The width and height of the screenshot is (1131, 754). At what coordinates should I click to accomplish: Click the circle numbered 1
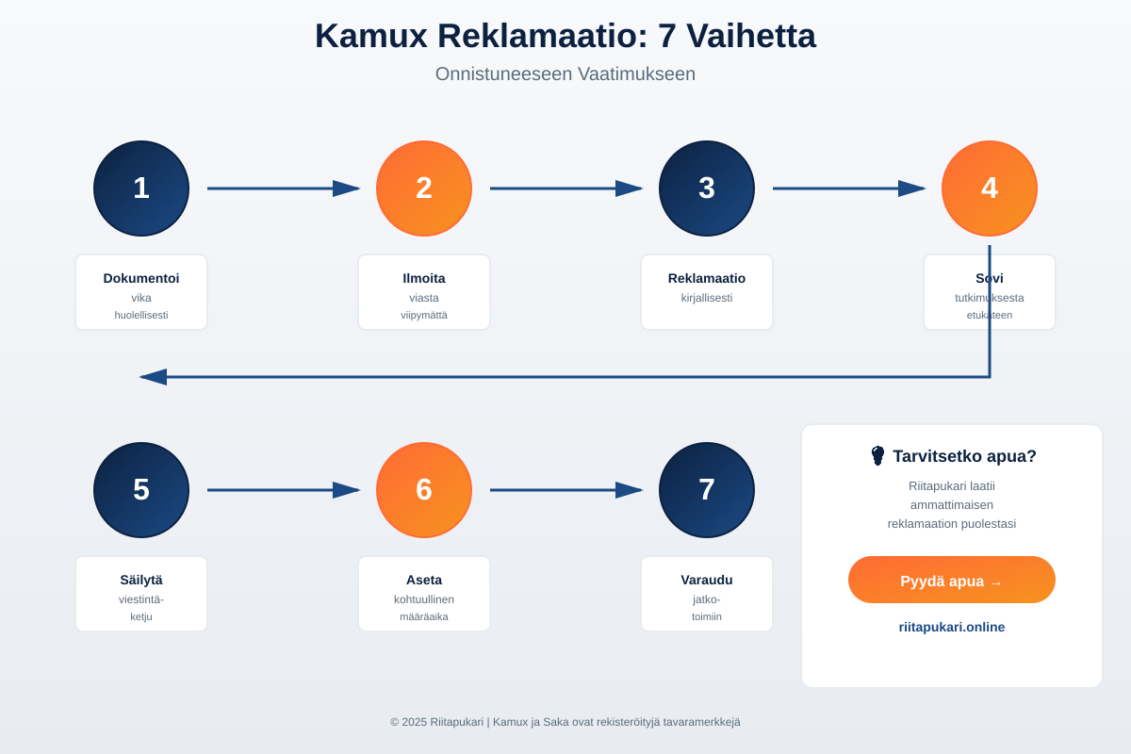pos(141,188)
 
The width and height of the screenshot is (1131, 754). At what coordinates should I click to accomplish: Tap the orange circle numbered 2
pos(424,188)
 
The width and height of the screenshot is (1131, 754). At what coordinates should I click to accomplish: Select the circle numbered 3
pos(707,188)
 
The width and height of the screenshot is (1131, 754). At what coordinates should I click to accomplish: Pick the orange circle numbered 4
pos(990,188)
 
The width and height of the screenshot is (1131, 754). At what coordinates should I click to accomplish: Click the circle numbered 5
pos(141,490)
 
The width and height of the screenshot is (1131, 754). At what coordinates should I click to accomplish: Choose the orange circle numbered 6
pos(424,490)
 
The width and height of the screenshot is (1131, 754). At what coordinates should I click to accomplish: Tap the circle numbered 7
pos(707,490)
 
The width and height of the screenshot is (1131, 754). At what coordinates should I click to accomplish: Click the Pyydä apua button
pos(952,580)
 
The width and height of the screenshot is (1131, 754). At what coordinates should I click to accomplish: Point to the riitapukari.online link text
pos(952,627)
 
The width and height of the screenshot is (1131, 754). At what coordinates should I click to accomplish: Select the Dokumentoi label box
pos(141,292)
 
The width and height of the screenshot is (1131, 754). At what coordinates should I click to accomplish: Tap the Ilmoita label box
pos(424,292)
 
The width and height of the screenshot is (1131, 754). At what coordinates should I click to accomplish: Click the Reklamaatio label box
pos(707,292)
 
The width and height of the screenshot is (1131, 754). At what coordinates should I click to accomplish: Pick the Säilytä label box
pos(141,594)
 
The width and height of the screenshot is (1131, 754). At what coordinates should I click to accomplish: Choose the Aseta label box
pos(424,594)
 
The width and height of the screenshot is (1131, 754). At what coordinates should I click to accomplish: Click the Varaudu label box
pos(707,594)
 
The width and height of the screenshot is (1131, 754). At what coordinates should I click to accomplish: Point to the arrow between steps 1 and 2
pos(283,188)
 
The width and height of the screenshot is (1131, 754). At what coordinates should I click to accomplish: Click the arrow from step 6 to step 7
pos(565,490)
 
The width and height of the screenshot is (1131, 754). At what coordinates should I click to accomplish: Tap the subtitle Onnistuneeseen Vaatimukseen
pos(565,74)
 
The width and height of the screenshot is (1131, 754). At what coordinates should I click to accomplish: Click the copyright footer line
pos(565,722)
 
